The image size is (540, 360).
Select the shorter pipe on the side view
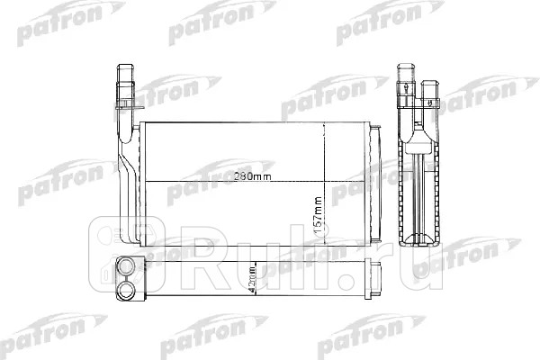(x=427, y=90)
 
